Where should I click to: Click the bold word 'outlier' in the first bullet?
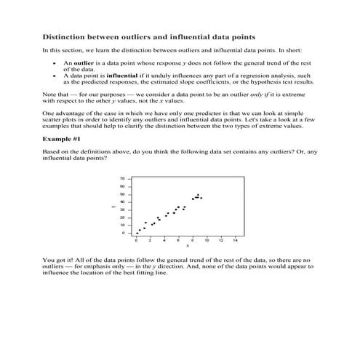[76, 64]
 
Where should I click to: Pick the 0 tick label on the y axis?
[124, 233]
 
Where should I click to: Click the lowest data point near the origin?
[137, 233]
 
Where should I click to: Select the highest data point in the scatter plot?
[198, 195]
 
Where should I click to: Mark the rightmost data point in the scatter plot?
[201, 198]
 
